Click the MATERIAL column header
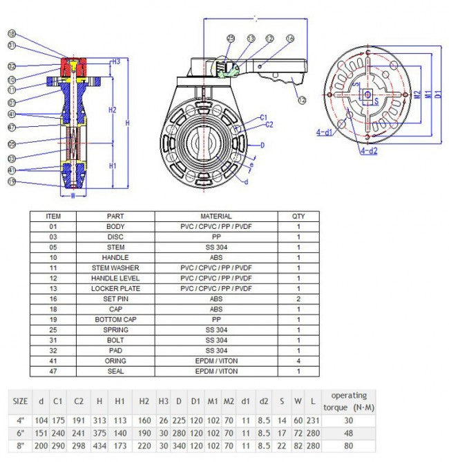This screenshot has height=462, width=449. pos(216,216)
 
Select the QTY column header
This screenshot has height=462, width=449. pos(298,216)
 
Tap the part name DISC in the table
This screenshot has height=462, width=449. pos(115,237)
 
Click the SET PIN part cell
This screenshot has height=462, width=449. pos(115,299)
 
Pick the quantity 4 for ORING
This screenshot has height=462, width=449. pos(298,361)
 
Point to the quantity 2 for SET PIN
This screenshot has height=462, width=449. pos(298,299)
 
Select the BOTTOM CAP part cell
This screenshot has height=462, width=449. pos(115,319)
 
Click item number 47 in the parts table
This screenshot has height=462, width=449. pos(53,371)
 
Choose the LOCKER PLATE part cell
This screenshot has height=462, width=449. pos(115,288)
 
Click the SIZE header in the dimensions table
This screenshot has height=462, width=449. pos(21,401)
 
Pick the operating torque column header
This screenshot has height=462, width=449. pos(349,401)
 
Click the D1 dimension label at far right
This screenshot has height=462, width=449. pos(438,92)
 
